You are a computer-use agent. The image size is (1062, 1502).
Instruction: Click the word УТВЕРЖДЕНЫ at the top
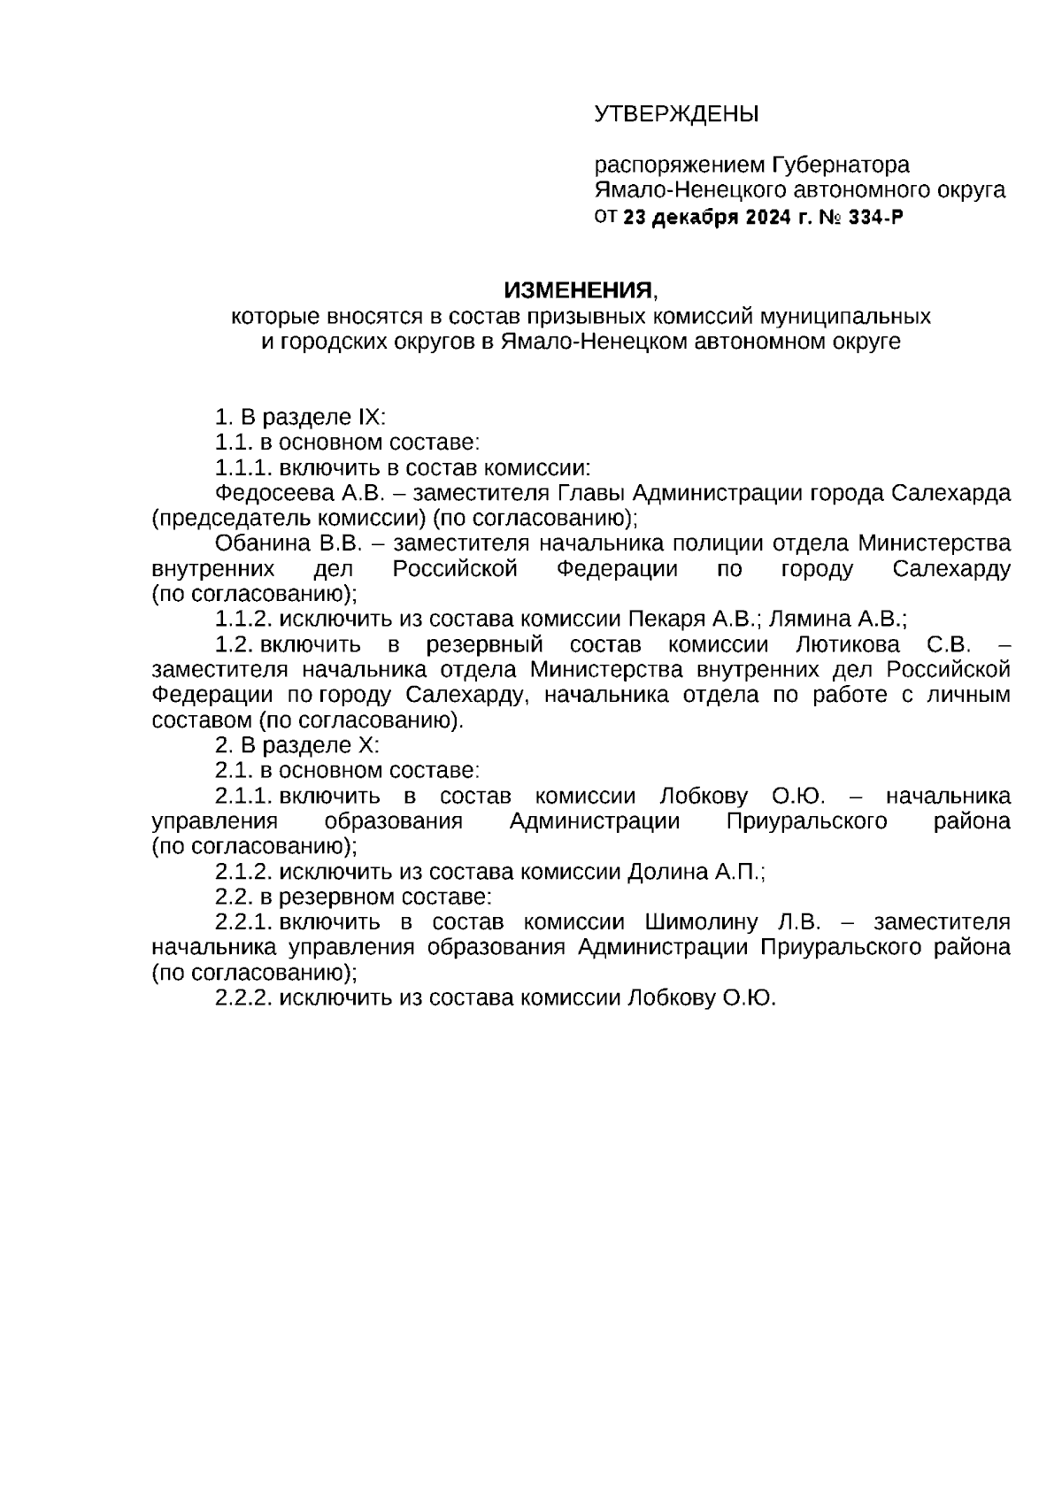coord(676,114)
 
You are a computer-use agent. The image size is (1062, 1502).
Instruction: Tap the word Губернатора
coord(840,165)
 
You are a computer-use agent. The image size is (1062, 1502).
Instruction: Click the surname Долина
coord(668,872)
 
